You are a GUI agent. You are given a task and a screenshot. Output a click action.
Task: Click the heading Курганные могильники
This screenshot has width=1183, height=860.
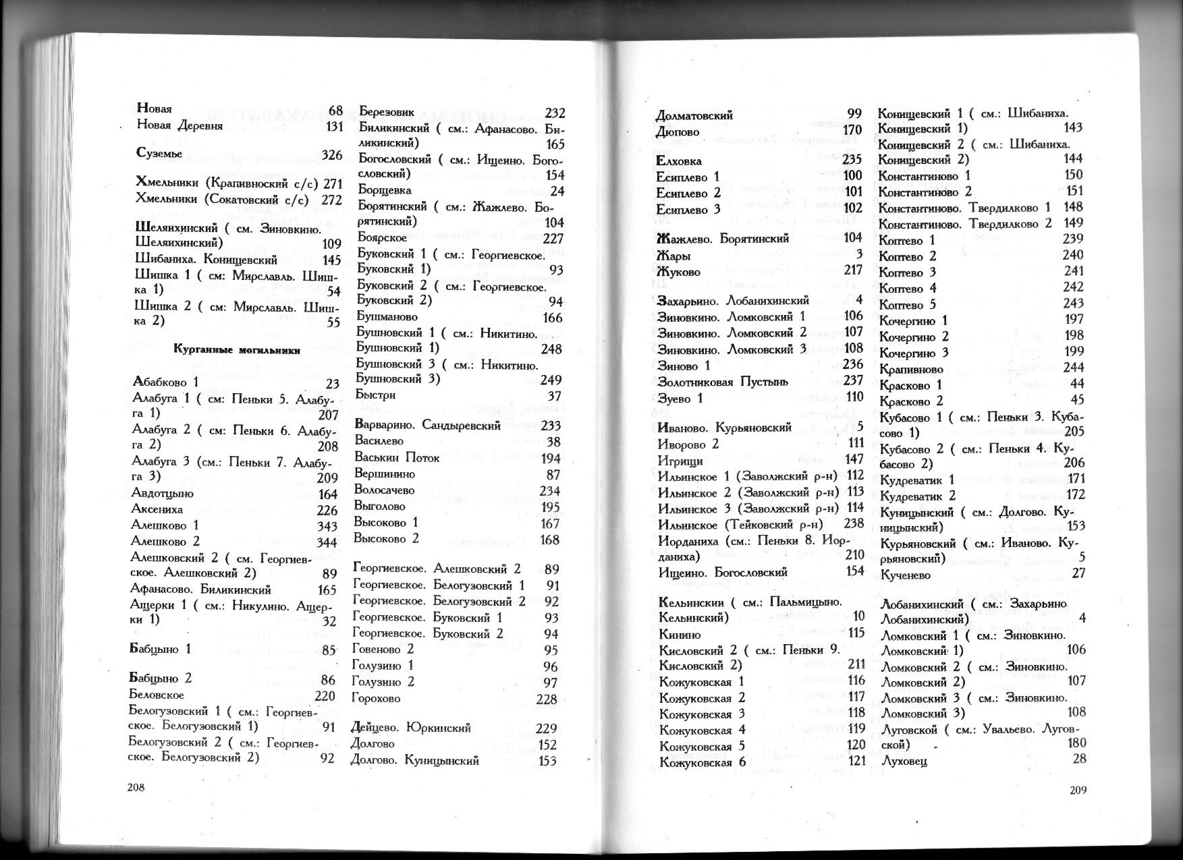point(236,349)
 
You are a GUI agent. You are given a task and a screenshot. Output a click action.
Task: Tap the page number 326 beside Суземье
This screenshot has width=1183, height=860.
point(331,155)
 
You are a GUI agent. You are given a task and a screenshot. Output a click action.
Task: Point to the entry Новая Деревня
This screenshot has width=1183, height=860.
point(179,125)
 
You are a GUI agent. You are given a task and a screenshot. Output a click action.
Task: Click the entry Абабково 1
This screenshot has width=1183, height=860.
point(166,382)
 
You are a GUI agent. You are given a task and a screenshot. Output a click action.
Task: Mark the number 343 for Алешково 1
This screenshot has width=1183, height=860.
point(327,525)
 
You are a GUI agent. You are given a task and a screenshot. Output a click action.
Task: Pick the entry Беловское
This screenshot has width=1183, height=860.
point(155,694)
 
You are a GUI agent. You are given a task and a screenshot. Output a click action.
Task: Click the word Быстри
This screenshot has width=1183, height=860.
point(375,395)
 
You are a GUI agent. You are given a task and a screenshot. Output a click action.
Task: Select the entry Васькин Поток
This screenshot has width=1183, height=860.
point(397,458)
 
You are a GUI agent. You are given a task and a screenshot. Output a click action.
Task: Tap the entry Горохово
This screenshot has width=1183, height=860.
point(376,698)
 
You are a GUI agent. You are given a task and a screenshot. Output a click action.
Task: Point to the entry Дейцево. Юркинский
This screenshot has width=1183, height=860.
point(411,728)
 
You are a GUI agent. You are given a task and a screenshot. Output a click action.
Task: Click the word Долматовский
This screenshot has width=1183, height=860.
point(694,115)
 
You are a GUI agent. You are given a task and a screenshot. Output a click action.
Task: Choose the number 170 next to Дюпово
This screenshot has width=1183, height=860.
point(853,130)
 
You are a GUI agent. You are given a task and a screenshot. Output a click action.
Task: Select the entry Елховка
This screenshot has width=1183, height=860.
point(679,161)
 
